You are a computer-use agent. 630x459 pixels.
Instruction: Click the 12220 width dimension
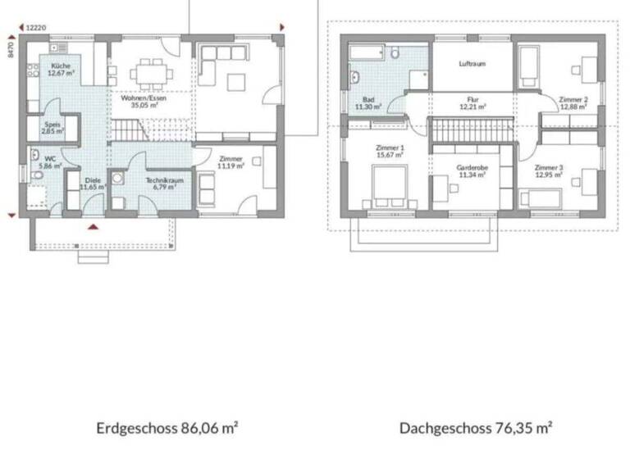click(35, 27)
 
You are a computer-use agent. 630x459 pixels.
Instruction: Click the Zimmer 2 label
click(572, 99)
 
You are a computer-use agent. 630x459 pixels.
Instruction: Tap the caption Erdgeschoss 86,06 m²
click(167, 428)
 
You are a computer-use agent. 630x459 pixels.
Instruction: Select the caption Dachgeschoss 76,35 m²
click(475, 428)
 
